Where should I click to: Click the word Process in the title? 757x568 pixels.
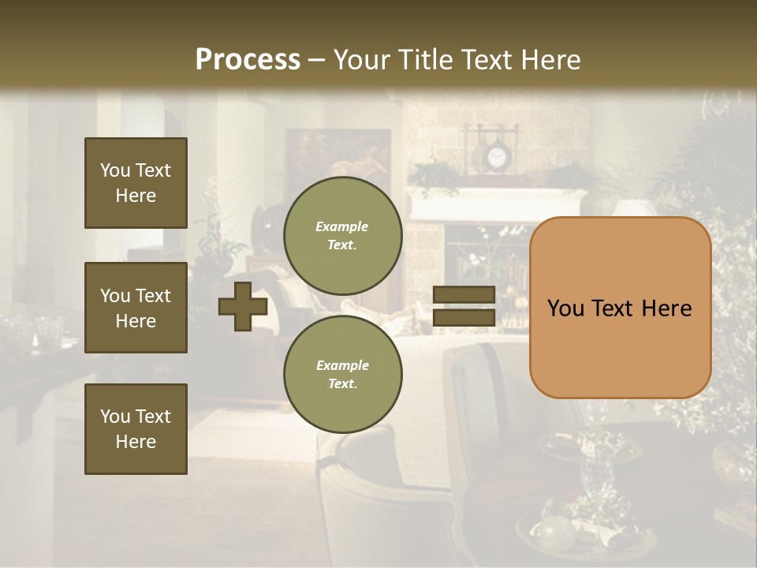click(248, 59)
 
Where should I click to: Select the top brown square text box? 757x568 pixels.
click(136, 183)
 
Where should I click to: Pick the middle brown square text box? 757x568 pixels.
click(136, 308)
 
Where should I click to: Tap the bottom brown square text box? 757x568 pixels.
click(136, 429)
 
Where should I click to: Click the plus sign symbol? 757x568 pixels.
click(243, 307)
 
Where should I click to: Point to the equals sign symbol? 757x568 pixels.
click(464, 307)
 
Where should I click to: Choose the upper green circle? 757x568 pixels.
click(343, 235)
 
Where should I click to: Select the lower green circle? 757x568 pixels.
click(343, 374)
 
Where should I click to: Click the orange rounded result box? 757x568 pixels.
click(620, 308)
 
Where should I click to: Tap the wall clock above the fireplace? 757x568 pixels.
click(496, 158)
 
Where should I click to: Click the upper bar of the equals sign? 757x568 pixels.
click(464, 295)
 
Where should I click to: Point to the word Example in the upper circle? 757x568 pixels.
click(342, 226)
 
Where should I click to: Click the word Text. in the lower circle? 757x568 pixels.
click(342, 383)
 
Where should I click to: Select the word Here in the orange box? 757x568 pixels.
click(666, 308)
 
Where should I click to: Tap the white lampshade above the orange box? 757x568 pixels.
click(636, 208)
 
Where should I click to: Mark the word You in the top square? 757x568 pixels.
click(115, 170)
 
